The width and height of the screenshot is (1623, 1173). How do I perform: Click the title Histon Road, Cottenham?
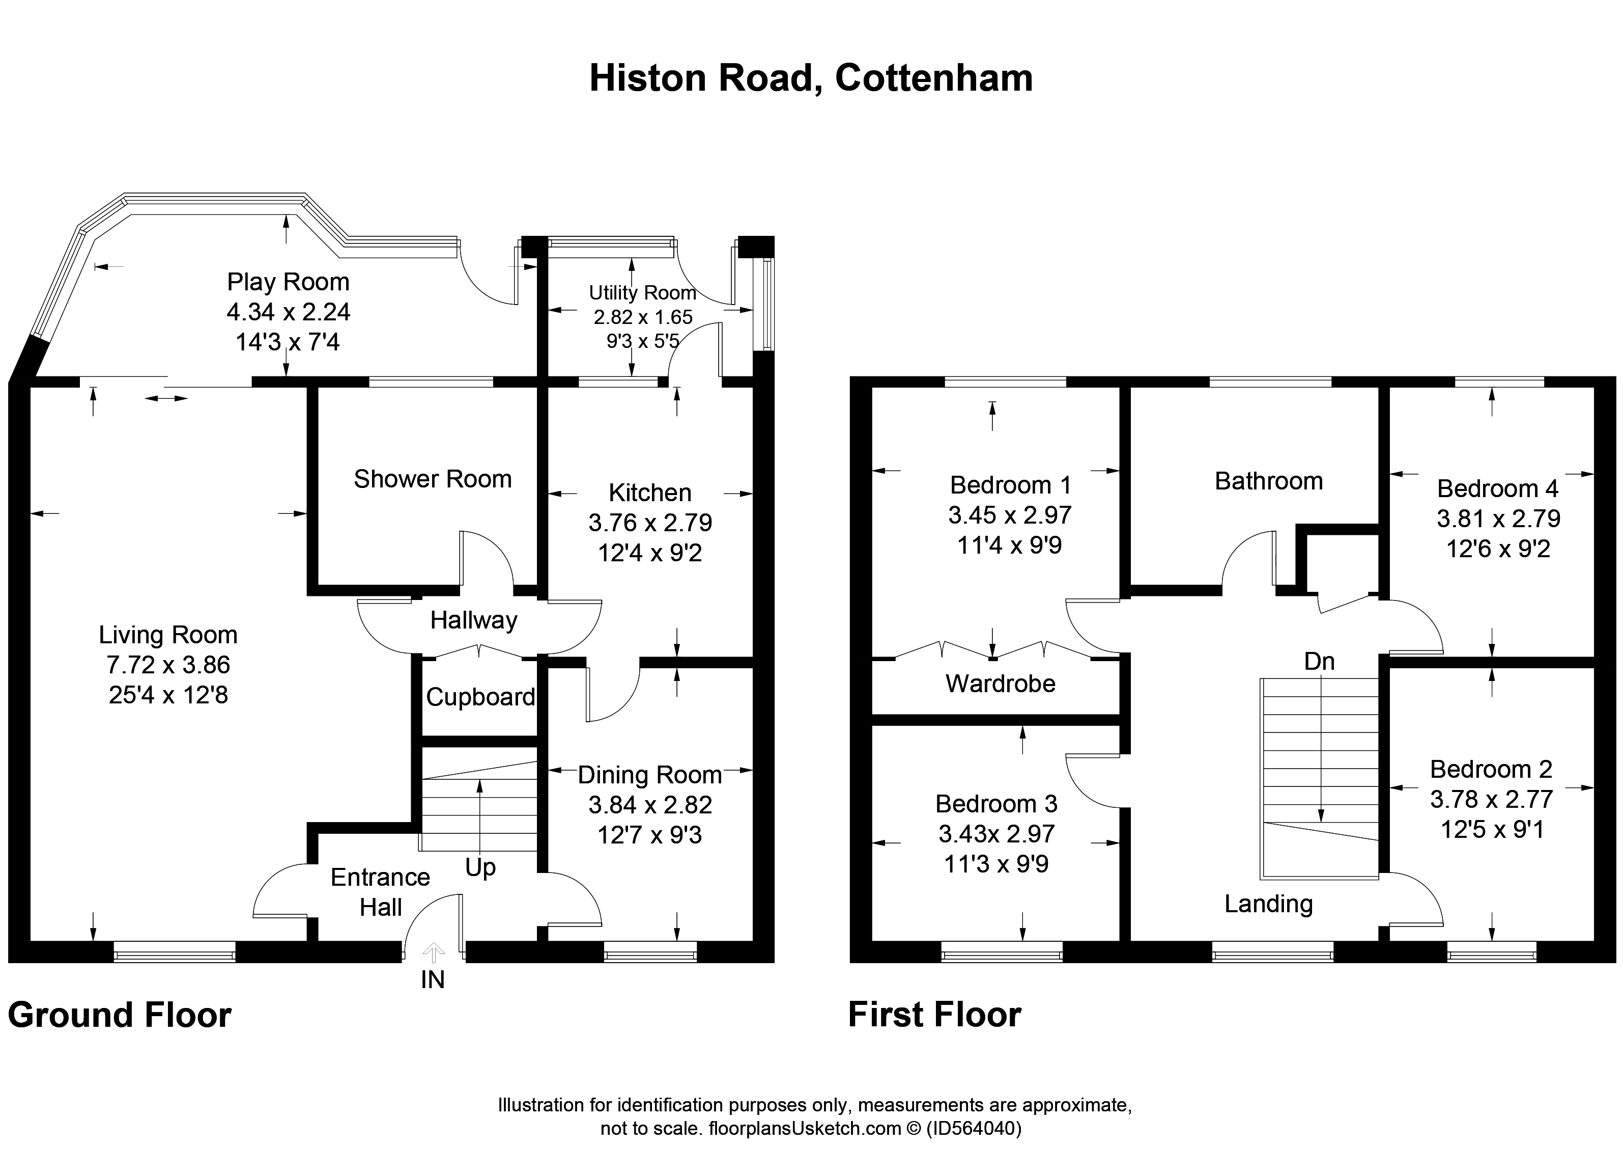pyautogui.click(x=811, y=78)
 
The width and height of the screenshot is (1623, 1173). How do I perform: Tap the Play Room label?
pyautogui.click(x=289, y=282)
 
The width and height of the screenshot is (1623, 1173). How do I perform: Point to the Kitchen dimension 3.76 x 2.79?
pyautogui.click(x=650, y=523)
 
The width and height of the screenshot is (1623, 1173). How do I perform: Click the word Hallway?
pyautogui.click(x=474, y=620)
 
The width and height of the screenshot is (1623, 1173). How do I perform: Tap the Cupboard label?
pyautogui.click(x=481, y=697)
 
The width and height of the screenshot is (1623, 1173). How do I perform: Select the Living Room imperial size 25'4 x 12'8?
pyautogui.click(x=168, y=695)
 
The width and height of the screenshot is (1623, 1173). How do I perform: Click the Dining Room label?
pyautogui.click(x=650, y=775)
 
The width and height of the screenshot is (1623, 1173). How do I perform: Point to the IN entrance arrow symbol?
pyautogui.click(x=434, y=952)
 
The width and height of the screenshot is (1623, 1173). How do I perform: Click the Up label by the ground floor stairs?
pyautogui.click(x=480, y=868)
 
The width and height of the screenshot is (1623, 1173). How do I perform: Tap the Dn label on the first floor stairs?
pyautogui.click(x=1320, y=661)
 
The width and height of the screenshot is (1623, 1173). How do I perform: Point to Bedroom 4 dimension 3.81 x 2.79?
pyautogui.click(x=1498, y=519)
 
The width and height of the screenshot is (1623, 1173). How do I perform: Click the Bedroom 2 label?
pyautogui.click(x=1491, y=769)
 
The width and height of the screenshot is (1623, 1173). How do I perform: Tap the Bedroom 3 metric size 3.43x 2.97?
pyautogui.click(x=997, y=834)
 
